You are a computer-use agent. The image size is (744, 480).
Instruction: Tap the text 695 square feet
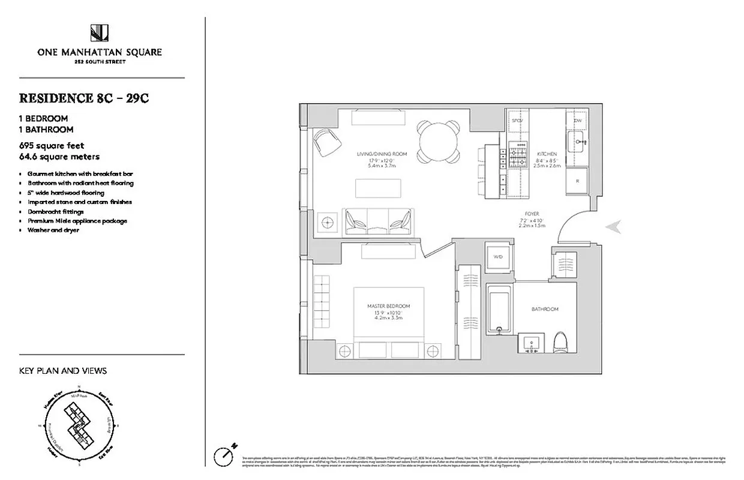point(52,146)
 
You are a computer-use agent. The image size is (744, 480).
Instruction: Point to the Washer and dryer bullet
point(53,230)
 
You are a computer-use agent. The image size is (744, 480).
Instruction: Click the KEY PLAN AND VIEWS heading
point(63,371)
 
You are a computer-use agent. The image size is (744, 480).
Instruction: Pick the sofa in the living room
point(377,221)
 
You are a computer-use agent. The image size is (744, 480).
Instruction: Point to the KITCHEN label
point(547,154)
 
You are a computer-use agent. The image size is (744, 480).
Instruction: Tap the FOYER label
point(532,214)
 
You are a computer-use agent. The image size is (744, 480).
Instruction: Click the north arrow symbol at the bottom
point(226,453)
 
